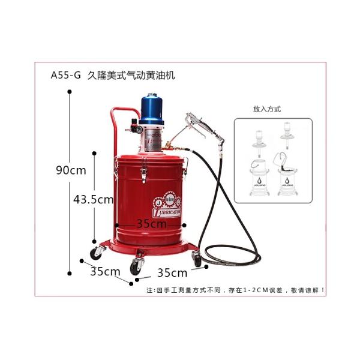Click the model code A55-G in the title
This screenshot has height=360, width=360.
click(x=65, y=76)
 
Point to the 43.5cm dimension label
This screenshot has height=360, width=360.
click(x=93, y=199)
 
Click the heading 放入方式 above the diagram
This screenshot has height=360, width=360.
click(x=268, y=110)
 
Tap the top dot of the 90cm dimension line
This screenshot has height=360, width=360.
click(x=70, y=91)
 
